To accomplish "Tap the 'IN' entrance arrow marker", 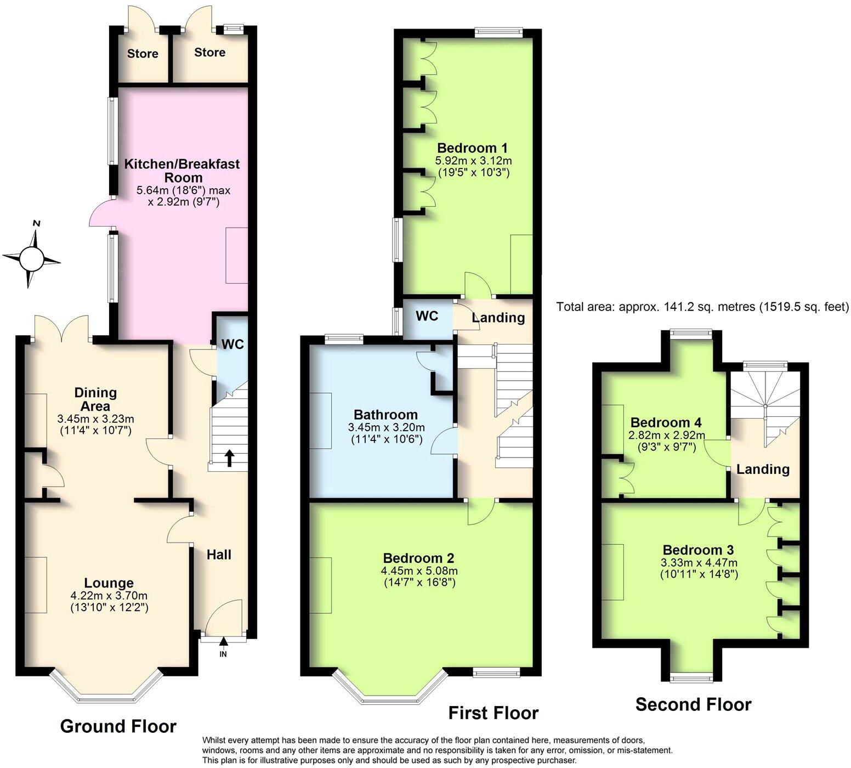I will click(223, 647).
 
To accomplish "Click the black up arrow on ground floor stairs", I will click(229, 458).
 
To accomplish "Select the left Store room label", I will click(143, 54).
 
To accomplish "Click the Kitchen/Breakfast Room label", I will click(181, 171).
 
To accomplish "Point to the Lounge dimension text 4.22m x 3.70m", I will click(109, 596).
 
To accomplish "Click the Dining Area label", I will click(95, 399).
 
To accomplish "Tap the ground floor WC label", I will click(232, 345).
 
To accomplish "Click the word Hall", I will click(219, 555).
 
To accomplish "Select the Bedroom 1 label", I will click(472, 148).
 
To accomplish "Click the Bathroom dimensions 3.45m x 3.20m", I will click(386, 427).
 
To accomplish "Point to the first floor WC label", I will click(427, 316).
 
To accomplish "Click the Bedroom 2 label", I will click(418, 558).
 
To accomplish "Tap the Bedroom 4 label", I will click(666, 422).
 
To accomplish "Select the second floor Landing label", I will click(763, 469).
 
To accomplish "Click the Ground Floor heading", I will click(118, 726).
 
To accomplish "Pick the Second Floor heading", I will click(693, 704).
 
